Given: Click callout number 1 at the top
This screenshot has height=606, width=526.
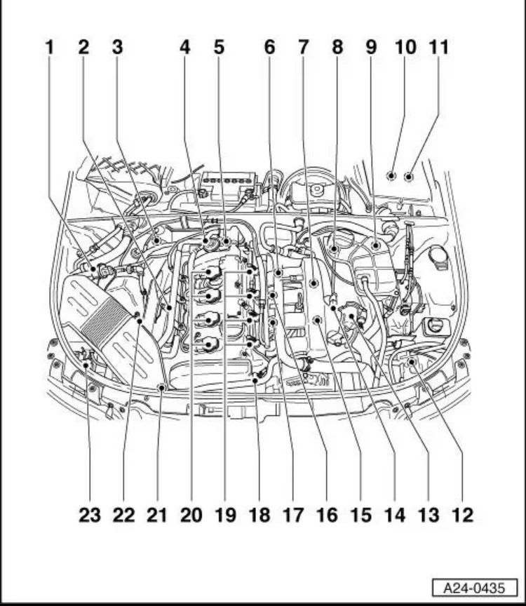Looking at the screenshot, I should [x=49, y=48].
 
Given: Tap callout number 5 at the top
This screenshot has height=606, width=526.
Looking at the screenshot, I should [x=220, y=48].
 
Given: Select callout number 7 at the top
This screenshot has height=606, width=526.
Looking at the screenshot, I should [x=303, y=48].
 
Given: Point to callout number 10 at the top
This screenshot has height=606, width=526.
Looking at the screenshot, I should [x=405, y=48].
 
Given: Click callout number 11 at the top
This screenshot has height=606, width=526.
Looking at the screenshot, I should [x=438, y=48].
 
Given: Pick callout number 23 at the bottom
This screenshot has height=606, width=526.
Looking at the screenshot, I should [x=89, y=516].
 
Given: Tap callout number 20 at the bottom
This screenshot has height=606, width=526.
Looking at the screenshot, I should [x=191, y=516].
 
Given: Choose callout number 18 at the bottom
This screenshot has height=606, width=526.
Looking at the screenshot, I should [x=259, y=516].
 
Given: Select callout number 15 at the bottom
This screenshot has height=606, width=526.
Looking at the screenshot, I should [x=360, y=516].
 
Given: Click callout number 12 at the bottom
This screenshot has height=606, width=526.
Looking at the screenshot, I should [x=462, y=516].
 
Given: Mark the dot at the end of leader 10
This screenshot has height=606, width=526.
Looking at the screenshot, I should [x=391, y=175].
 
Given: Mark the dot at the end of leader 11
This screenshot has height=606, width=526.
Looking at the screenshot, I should [x=408, y=175].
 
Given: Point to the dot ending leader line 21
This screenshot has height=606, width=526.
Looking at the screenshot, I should [x=161, y=387].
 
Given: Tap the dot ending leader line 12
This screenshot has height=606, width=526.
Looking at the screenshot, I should [x=412, y=362].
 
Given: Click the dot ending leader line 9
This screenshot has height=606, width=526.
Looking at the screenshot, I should [x=377, y=245].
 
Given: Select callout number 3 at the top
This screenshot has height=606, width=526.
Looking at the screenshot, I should [x=117, y=48].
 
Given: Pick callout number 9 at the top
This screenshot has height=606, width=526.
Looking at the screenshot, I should [x=371, y=48].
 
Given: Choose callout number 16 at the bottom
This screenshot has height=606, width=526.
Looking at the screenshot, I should [x=327, y=516].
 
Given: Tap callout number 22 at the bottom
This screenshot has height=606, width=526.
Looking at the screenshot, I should [x=123, y=516].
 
